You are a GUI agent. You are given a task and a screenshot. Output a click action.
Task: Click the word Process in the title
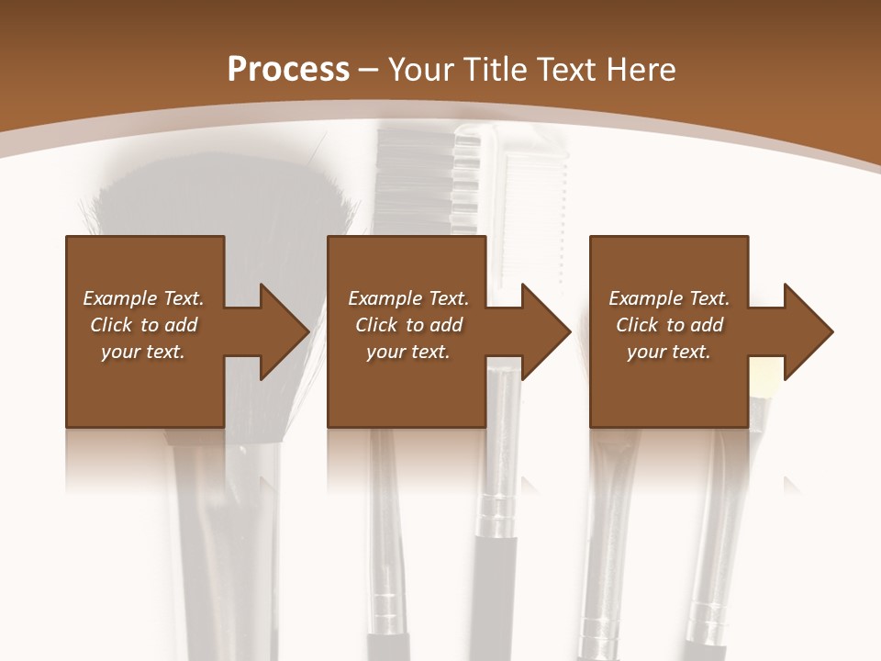pyautogui.click(x=288, y=69)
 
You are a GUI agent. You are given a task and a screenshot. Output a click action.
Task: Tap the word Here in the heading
pyautogui.click(x=640, y=69)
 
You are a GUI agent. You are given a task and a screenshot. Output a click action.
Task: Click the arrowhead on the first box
pyautogui.click(x=281, y=331)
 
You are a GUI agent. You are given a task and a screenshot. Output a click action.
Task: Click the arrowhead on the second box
pyautogui.click(x=543, y=331)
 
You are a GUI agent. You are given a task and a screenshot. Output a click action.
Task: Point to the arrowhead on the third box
pyautogui.click(x=805, y=331)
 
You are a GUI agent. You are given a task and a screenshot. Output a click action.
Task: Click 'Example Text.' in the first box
pyautogui.click(x=143, y=298)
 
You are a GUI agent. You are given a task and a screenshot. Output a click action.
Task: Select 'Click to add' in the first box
pyautogui.click(x=143, y=325)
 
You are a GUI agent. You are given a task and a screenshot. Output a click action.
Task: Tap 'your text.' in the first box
pyautogui.click(x=143, y=352)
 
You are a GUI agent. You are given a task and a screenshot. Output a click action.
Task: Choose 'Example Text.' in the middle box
pyautogui.click(x=408, y=298)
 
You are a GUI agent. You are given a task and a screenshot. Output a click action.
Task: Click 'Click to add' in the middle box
pyautogui.click(x=408, y=325)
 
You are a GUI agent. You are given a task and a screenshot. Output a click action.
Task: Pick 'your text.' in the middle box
pyautogui.click(x=408, y=352)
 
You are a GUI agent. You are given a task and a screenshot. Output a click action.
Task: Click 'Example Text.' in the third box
pyautogui.click(x=669, y=298)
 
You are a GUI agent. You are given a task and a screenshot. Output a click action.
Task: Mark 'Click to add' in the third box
pyautogui.click(x=669, y=325)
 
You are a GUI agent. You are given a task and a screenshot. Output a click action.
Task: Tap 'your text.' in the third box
pyautogui.click(x=669, y=352)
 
